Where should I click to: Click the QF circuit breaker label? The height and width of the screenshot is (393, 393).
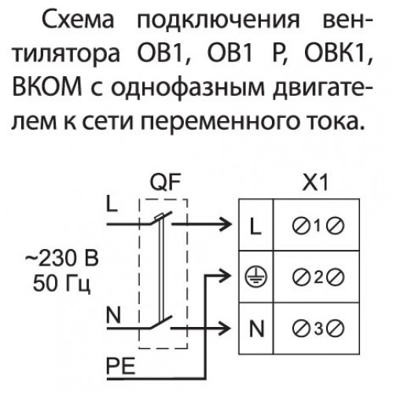pyautogui.click(x=165, y=182)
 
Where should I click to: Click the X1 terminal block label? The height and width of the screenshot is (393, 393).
pyautogui.click(x=315, y=182)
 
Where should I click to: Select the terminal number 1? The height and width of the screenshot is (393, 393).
pyautogui.click(x=318, y=225)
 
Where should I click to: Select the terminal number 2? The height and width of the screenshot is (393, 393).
pyautogui.click(x=318, y=277)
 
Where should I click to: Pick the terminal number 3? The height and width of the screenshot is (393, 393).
pyautogui.click(x=318, y=329)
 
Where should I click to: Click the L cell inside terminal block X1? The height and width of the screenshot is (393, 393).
pyautogui.click(x=255, y=225)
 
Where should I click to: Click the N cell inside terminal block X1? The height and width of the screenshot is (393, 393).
pyautogui.click(x=256, y=329)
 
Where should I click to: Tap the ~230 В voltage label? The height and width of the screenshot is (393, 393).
pyautogui.click(x=62, y=259)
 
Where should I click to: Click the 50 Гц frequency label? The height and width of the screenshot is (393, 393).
pyautogui.click(x=62, y=284)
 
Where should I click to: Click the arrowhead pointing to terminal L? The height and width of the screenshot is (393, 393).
pyautogui.click(x=226, y=225)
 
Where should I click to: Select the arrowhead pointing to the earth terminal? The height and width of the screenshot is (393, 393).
pyautogui.click(x=226, y=276)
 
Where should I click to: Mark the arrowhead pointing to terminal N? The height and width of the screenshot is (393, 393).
pyautogui.click(x=226, y=328)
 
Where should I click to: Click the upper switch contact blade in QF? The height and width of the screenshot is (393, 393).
pyautogui.click(x=161, y=218)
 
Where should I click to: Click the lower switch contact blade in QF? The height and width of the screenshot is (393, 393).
pyautogui.click(x=161, y=322)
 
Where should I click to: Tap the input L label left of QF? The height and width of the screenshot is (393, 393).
pyautogui.click(x=112, y=204)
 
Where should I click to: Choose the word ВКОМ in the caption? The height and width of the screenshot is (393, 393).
pyautogui.click(x=47, y=86)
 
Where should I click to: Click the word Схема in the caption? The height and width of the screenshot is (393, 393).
pyautogui.click(x=78, y=20)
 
